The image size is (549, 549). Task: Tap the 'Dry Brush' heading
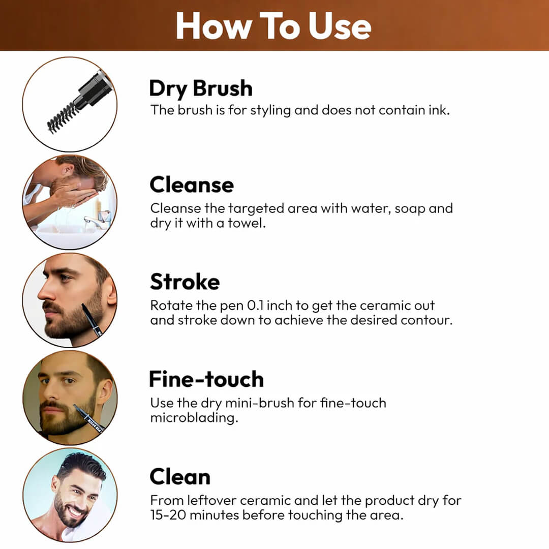click(200, 88)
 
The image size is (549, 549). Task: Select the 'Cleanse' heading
click(192, 185)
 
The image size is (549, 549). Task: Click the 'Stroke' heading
click(185, 282)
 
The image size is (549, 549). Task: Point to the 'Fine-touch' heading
click(206, 379)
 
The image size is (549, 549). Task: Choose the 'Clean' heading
click(179, 477)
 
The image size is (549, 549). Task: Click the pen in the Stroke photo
click(92, 321)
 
